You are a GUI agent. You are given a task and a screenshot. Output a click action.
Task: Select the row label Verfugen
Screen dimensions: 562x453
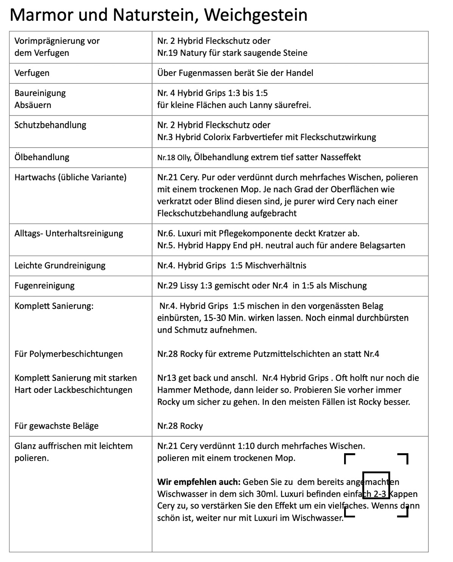click(x=32, y=73)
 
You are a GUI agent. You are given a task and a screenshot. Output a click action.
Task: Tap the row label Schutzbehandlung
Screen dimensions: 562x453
click(x=50, y=125)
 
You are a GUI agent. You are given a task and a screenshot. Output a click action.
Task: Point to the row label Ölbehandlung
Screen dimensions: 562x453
click(x=42, y=157)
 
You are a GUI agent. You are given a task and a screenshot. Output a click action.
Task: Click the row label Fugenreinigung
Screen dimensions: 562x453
click(x=44, y=286)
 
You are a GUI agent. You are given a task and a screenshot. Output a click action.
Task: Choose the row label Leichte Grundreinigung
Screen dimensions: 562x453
click(x=60, y=266)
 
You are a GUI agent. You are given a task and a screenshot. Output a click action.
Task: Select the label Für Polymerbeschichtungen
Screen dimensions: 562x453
click(x=68, y=354)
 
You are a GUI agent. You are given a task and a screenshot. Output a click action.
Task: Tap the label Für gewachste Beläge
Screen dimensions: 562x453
click(x=56, y=426)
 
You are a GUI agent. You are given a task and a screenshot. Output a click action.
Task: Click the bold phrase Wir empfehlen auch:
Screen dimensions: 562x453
click(x=199, y=482)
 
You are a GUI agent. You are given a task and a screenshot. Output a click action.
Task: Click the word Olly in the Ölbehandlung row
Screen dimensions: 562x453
click(x=184, y=157)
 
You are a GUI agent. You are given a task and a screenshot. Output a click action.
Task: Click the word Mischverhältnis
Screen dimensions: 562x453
click(x=276, y=266)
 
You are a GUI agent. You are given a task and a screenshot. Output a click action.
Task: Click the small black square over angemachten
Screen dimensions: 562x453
click(x=376, y=485)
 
